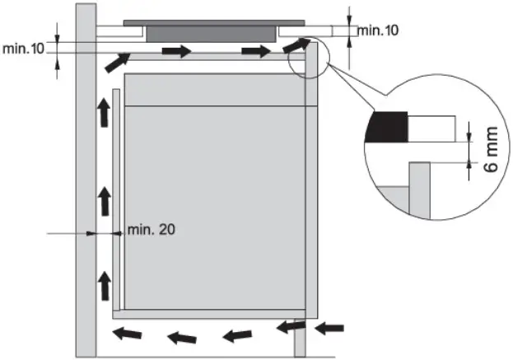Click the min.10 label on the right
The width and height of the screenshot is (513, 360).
tap(377, 30)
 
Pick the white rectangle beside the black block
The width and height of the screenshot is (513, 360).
tap(431, 128)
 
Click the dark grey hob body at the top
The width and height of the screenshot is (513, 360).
tap(209, 32)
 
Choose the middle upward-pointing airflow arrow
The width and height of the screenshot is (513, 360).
tap(104, 199)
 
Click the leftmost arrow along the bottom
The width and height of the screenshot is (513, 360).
tap(126, 334)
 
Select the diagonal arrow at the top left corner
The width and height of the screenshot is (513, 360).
tap(117, 62)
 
